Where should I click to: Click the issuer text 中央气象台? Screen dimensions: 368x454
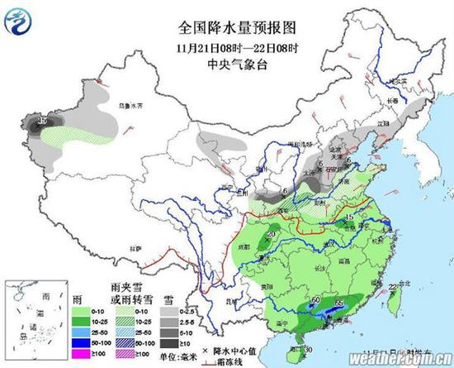pos(227,59)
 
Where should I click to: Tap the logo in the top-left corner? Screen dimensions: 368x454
pos(18,19)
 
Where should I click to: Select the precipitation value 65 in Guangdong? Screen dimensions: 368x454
pos(339,304)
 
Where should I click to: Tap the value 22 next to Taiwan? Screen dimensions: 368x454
pos(390,287)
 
